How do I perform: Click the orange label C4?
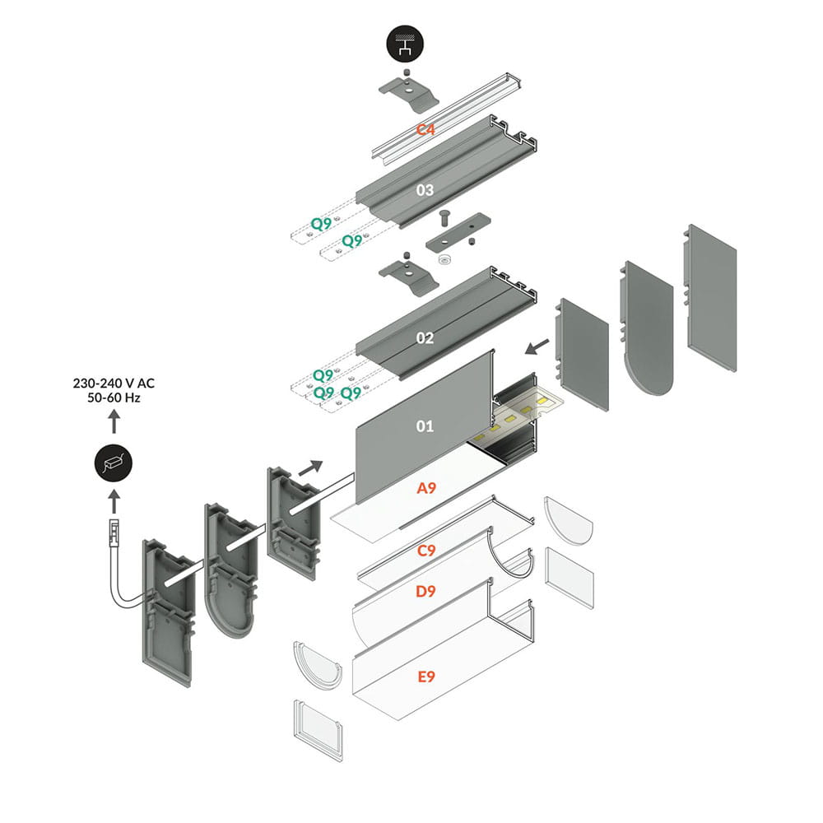tap(425, 129)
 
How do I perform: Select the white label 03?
tap(425, 190)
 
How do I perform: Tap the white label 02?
tap(425, 337)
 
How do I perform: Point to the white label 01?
tap(425, 425)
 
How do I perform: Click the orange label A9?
tap(426, 488)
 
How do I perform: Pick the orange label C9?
tap(426, 551)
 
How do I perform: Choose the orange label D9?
tap(426, 590)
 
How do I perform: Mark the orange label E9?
tap(426, 677)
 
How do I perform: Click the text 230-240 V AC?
tap(113, 383)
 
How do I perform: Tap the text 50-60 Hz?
tap(113, 398)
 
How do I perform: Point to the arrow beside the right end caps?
tap(537, 347)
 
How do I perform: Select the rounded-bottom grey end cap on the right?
tap(646, 329)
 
